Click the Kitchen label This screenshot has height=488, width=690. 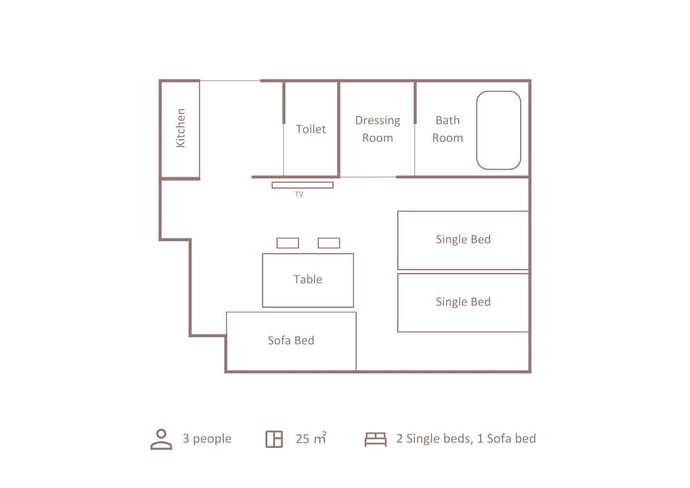click(x=181, y=128)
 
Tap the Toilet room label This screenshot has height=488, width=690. click(x=310, y=129)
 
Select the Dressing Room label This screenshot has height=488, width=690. click(x=377, y=129)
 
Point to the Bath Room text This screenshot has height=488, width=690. click(x=448, y=129)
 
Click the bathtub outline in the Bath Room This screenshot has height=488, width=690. click(x=477, y=130)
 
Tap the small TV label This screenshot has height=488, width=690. click(x=299, y=194)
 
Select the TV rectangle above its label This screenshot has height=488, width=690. click(x=302, y=185)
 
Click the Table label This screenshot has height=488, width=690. click(x=308, y=280)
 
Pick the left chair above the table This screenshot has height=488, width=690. click(x=288, y=243)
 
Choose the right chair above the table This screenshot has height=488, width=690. click(x=329, y=243)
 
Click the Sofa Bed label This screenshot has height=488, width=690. click(x=291, y=340)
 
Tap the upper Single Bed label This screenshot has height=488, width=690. click(x=463, y=239)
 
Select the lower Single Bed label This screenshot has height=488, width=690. click(x=463, y=302)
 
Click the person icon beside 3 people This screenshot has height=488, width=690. click(x=161, y=439)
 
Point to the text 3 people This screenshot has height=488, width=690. click(x=207, y=439)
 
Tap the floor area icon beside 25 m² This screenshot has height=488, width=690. click(x=274, y=439)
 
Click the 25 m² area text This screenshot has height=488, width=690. click(x=310, y=438)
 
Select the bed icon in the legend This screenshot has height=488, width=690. click(x=375, y=439)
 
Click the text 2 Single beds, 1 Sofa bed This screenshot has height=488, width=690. click(x=466, y=438)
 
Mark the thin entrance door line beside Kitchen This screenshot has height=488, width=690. click(x=230, y=81)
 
